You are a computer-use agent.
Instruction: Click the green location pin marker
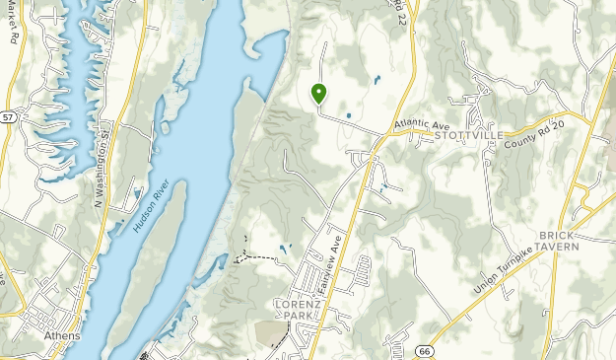tap(319, 94)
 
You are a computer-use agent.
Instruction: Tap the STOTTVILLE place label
tap(469, 135)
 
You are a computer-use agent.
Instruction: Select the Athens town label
tap(63, 335)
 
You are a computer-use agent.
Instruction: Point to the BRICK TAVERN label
tap(559, 241)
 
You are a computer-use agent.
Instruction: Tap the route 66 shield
tap(424, 350)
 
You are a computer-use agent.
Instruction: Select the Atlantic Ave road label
tap(421, 123)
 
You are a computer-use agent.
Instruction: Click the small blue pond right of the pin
tap(376, 80)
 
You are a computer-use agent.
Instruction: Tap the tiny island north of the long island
tap(181, 71)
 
